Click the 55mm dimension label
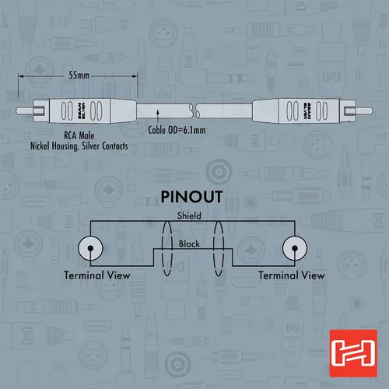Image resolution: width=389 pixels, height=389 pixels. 79,75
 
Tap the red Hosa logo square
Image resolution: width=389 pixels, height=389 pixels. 353,353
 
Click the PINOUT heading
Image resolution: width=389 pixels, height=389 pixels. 191,197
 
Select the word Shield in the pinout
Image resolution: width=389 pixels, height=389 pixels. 189,216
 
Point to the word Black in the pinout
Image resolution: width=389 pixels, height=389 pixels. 189,244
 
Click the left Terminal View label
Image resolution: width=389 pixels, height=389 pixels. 97,275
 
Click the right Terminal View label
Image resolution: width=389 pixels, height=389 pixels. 292,275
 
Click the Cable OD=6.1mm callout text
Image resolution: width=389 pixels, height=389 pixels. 177,130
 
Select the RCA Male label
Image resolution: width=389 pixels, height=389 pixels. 79,135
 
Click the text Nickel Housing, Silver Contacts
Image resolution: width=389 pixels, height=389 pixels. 79,146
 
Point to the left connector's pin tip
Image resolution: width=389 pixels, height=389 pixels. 17,111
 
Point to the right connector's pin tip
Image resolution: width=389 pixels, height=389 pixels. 372,111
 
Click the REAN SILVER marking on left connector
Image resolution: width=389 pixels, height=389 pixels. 82,111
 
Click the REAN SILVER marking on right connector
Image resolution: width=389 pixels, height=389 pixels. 307,111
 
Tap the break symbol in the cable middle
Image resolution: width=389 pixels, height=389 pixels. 194,110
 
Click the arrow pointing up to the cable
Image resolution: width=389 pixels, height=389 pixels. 158,116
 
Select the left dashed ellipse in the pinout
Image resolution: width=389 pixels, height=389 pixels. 167,248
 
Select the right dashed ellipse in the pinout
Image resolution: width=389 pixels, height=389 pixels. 219,248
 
